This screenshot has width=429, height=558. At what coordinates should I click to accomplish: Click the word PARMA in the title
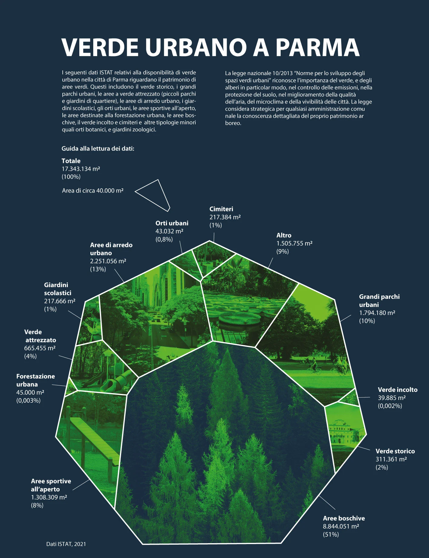[x=317, y=47]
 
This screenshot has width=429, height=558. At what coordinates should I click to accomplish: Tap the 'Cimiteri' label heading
[x=221, y=209]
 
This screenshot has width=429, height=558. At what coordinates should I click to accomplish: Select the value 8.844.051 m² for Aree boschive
[x=341, y=526]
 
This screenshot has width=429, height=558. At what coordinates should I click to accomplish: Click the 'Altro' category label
[x=284, y=235]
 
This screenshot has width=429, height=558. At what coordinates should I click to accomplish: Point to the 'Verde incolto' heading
[x=398, y=390]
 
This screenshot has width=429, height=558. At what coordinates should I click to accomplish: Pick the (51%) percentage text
[x=331, y=534]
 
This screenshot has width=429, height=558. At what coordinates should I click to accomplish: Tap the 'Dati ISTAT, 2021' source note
[x=66, y=544]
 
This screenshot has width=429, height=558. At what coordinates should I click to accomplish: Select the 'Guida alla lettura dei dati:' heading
[x=98, y=149]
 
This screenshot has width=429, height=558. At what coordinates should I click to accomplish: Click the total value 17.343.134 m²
[x=81, y=169]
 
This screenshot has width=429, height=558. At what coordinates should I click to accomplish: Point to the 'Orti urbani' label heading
[x=172, y=223]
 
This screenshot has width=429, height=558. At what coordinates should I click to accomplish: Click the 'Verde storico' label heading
[x=395, y=451]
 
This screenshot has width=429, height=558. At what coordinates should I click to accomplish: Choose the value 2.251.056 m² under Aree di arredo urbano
[x=108, y=261]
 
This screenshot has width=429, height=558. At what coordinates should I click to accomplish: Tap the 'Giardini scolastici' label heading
[x=58, y=289]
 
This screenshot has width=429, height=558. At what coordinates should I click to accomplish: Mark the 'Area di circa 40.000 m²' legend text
[x=93, y=191]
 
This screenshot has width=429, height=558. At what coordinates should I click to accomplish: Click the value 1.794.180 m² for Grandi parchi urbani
[x=377, y=313]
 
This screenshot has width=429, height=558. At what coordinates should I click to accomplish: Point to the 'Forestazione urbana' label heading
[x=35, y=380]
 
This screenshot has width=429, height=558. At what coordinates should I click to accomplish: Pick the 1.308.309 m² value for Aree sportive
[x=49, y=497]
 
